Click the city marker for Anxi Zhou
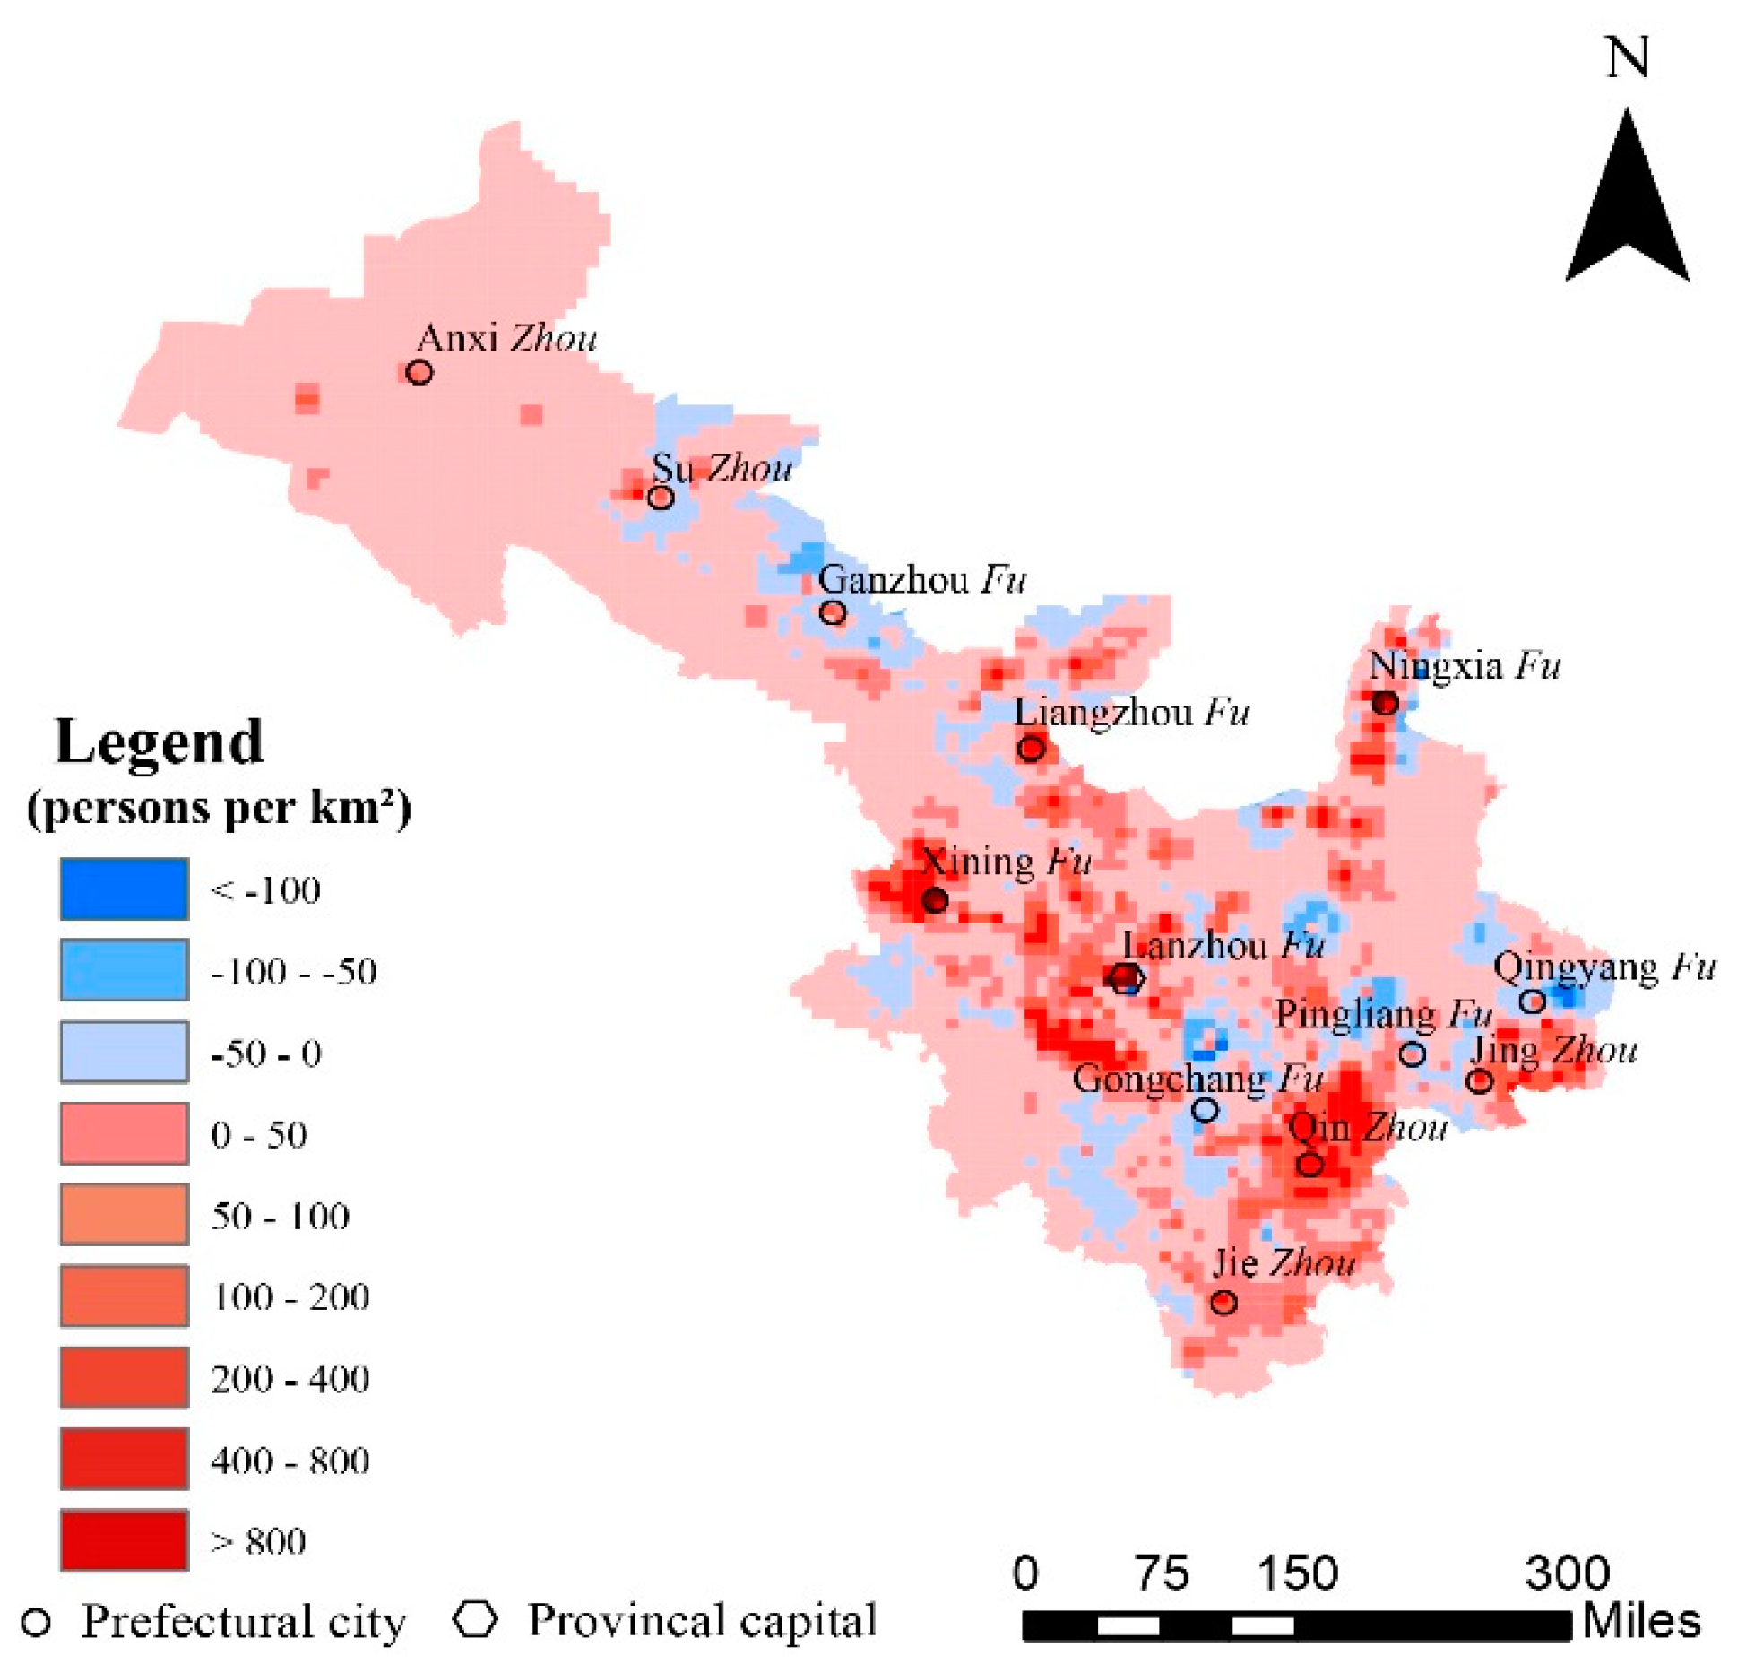click(419, 371)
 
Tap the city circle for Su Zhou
click(661, 497)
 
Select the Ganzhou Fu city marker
click(833, 612)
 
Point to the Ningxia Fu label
click(1465, 666)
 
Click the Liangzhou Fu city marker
click(1031, 748)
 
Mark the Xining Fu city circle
click(935, 899)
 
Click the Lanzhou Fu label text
click(1223, 945)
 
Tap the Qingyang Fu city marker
click(1533, 1001)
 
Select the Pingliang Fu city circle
click(1413, 1053)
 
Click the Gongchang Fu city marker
click(1206, 1110)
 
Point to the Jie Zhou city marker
click(1224, 1302)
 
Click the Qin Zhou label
click(1368, 1127)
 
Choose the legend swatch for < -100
click(125, 889)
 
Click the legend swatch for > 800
click(125, 1540)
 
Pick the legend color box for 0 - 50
click(125, 1133)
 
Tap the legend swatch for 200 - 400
click(125, 1377)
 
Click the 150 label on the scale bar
click(1297, 1573)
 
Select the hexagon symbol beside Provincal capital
click(475, 1618)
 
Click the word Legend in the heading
click(160, 742)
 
